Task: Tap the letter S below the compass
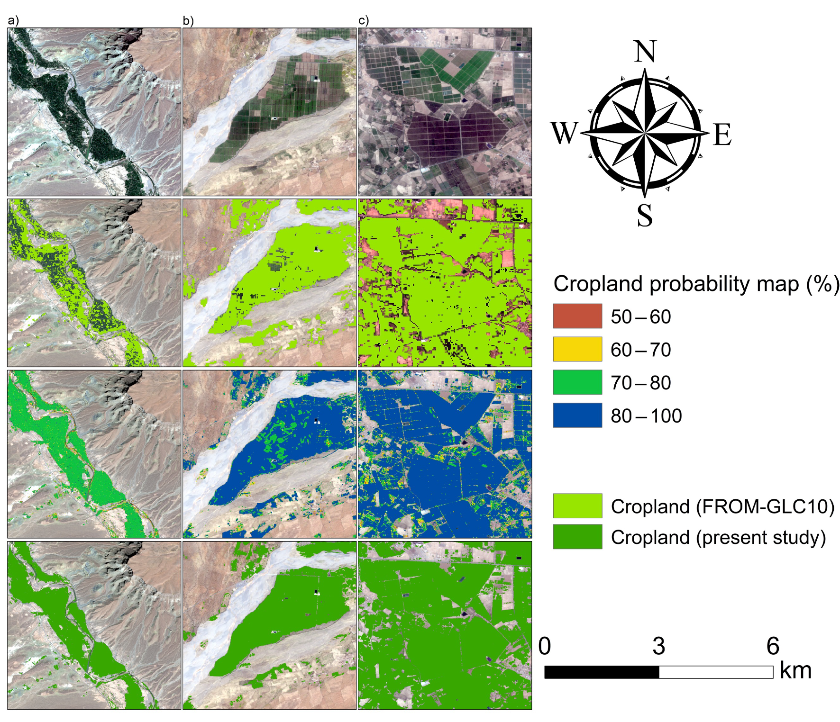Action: (645, 216)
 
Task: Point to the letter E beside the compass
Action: (722, 135)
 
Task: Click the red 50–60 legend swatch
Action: (577, 316)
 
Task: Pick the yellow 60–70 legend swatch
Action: (577, 349)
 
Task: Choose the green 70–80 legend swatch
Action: (577, 382)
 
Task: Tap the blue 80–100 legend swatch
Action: (577, 415)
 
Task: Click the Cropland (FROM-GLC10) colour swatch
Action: (577, 506)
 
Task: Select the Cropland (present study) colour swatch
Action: (577, 537)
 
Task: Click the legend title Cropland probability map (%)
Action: (696, 284)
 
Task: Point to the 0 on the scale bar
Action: (545, 646)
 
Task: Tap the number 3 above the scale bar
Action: (659, 646)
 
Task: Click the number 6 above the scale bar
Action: (773, 646)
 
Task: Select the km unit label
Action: (795, 671)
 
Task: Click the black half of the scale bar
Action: (602, 672)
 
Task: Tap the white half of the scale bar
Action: (716, 672)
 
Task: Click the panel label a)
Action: (13, 20)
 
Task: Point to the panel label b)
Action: (188, 20)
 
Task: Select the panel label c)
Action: (364, 20)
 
